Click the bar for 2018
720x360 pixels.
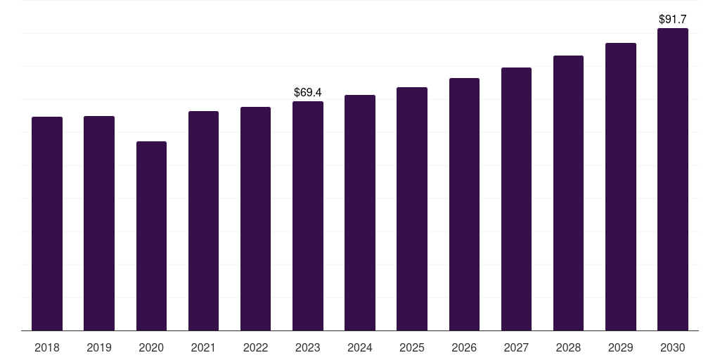47,224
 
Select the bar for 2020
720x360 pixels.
152,236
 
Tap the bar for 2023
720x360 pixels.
308,216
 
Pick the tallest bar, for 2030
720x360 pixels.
673,179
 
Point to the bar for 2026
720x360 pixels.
464,205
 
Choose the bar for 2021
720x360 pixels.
203,221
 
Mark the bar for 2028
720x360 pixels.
568,193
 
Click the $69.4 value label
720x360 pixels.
308,92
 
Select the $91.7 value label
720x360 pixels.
673,19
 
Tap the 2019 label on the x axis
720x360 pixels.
99,347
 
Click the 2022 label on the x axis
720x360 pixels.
255,347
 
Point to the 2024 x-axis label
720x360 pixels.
360,347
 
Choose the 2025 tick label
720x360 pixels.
412,347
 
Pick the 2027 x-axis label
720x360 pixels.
516,347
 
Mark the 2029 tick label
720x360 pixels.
621,347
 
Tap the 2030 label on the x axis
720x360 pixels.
673,347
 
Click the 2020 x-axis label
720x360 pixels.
151,347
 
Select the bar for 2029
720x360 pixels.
621,187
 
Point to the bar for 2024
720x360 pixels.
360,212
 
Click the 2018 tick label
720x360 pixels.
47,347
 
